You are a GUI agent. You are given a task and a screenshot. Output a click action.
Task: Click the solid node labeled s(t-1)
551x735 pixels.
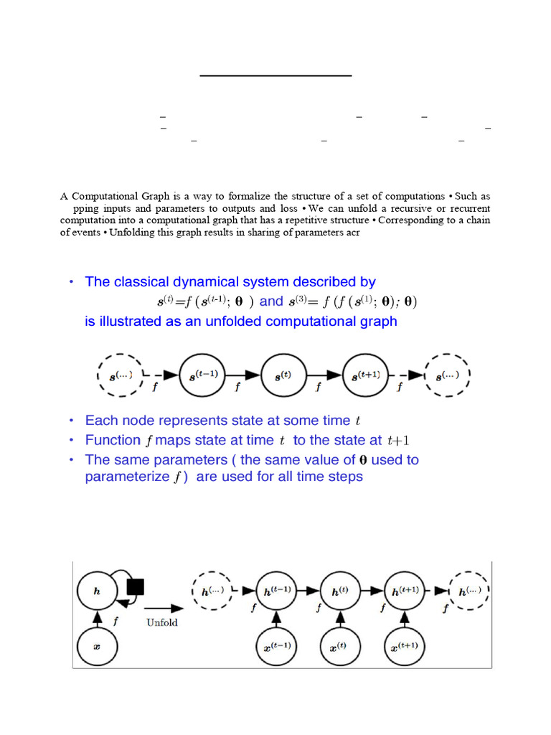click(x=204, y=375)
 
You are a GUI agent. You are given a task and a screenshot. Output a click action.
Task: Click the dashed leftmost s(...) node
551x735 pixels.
click(x=121, y=375)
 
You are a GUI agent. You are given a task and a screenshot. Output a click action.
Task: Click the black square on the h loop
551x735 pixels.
click(x=135, y=587)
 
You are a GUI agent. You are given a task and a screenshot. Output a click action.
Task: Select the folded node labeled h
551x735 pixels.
click(x=98, y=591)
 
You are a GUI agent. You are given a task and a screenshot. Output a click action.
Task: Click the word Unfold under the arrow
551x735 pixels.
click(x=162, y=622)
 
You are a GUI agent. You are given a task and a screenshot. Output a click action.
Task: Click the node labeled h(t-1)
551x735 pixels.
click(x=277, y=591)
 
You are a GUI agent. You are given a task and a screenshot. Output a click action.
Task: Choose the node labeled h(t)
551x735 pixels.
click(x=340, y=591)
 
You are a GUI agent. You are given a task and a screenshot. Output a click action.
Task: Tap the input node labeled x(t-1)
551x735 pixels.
click(x=277, y=647)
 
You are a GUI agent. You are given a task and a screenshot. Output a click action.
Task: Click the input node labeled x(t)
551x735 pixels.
click(x=340, y=647)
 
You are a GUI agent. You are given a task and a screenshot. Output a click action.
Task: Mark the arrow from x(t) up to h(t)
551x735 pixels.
click(x=340, y=619)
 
